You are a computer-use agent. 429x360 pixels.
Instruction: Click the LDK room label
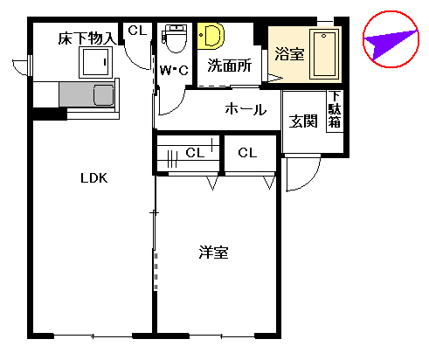point(93,178)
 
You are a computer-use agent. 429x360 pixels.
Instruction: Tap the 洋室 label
point(213,253)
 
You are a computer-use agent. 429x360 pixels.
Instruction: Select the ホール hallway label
point(245,109)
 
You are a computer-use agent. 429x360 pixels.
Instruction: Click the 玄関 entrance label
point(303,121)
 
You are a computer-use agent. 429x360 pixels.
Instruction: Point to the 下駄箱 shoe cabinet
point(335,111)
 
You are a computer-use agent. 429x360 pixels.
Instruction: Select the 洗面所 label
point(229,65)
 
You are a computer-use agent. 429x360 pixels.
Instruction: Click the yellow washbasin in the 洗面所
point(211,35)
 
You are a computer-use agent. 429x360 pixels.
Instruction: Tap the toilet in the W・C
point(175,38)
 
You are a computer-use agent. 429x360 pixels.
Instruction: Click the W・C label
point(175,71)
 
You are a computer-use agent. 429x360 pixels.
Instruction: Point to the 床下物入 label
point(87,38)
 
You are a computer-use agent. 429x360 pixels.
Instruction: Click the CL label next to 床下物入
point(137,30)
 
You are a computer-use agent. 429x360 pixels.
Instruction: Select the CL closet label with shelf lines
point(196,153)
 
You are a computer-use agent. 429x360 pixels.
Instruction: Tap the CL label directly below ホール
point(247,153)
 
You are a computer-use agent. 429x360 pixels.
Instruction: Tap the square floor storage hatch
point(94,62)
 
